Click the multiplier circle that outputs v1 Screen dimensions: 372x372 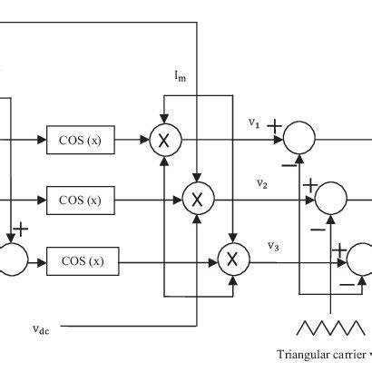166,140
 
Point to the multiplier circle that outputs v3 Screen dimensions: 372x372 231,260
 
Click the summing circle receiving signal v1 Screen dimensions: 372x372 299,140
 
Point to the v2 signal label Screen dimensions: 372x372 261,183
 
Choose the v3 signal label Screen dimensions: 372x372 272,244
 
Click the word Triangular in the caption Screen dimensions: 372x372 304,355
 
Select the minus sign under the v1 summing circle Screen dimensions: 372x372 288,164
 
